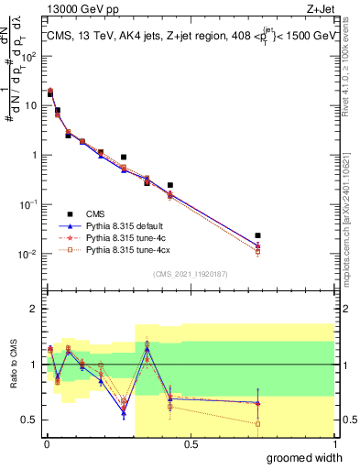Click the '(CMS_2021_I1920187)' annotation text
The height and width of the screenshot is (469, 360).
191,273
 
